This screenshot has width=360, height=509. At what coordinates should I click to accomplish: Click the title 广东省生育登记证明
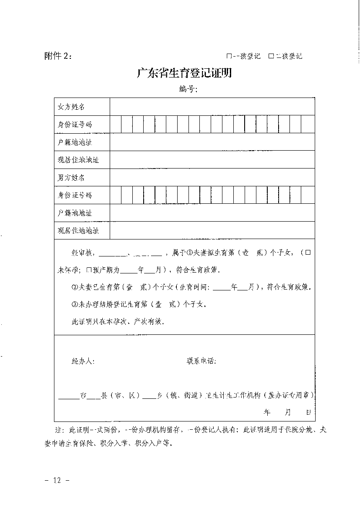click(184, 73)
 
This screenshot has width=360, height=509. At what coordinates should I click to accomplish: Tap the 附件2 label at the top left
click(58, 56)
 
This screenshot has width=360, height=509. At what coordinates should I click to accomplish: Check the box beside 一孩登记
click(229, 56)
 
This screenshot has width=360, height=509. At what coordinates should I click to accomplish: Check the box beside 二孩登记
click(271, 56)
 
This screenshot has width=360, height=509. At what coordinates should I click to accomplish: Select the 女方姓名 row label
click(71, 107)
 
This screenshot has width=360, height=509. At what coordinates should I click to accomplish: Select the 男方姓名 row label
click(71, 178)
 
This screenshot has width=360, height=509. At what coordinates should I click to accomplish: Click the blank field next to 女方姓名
click(212, 107)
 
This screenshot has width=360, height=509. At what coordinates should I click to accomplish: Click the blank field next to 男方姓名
click(212, 178)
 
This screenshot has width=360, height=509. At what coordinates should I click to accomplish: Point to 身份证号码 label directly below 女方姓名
click(75, 125)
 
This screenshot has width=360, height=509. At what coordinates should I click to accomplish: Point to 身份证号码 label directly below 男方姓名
click(75, 196)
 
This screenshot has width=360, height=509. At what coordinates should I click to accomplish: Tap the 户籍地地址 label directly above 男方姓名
click(75, 142)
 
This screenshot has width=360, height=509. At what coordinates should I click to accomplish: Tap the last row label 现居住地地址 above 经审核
click(78, 231)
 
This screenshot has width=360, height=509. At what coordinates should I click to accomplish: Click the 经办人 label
click(83, 361)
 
